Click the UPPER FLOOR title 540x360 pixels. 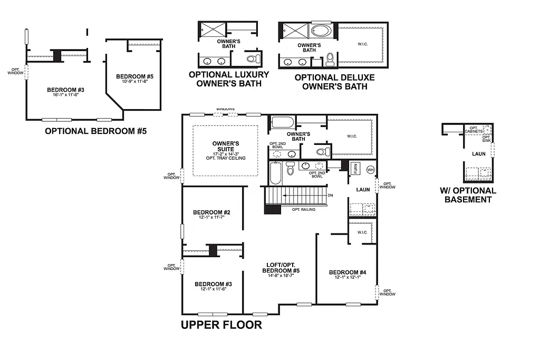(x=221, y=325)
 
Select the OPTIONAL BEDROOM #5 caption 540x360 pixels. (x=95, y=131)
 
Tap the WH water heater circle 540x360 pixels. (x=370, y=169)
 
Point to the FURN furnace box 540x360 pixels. (x=355, y=169)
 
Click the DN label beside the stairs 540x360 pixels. (x=330, y=196)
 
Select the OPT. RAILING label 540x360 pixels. (x=304, y=209)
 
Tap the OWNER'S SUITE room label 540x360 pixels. (x=226, y=146)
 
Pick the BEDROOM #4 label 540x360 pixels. (x=347, y=273)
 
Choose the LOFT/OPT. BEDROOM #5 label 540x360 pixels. (x=281, y=268)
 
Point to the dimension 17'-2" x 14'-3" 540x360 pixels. (x=226, y=154)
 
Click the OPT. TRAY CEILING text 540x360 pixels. (x=226, y=158)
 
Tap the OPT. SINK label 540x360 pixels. (x=486, y=139)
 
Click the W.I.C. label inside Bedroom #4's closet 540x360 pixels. (x=362, y=232)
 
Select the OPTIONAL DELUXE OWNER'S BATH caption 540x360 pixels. (x=334, y=82)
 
